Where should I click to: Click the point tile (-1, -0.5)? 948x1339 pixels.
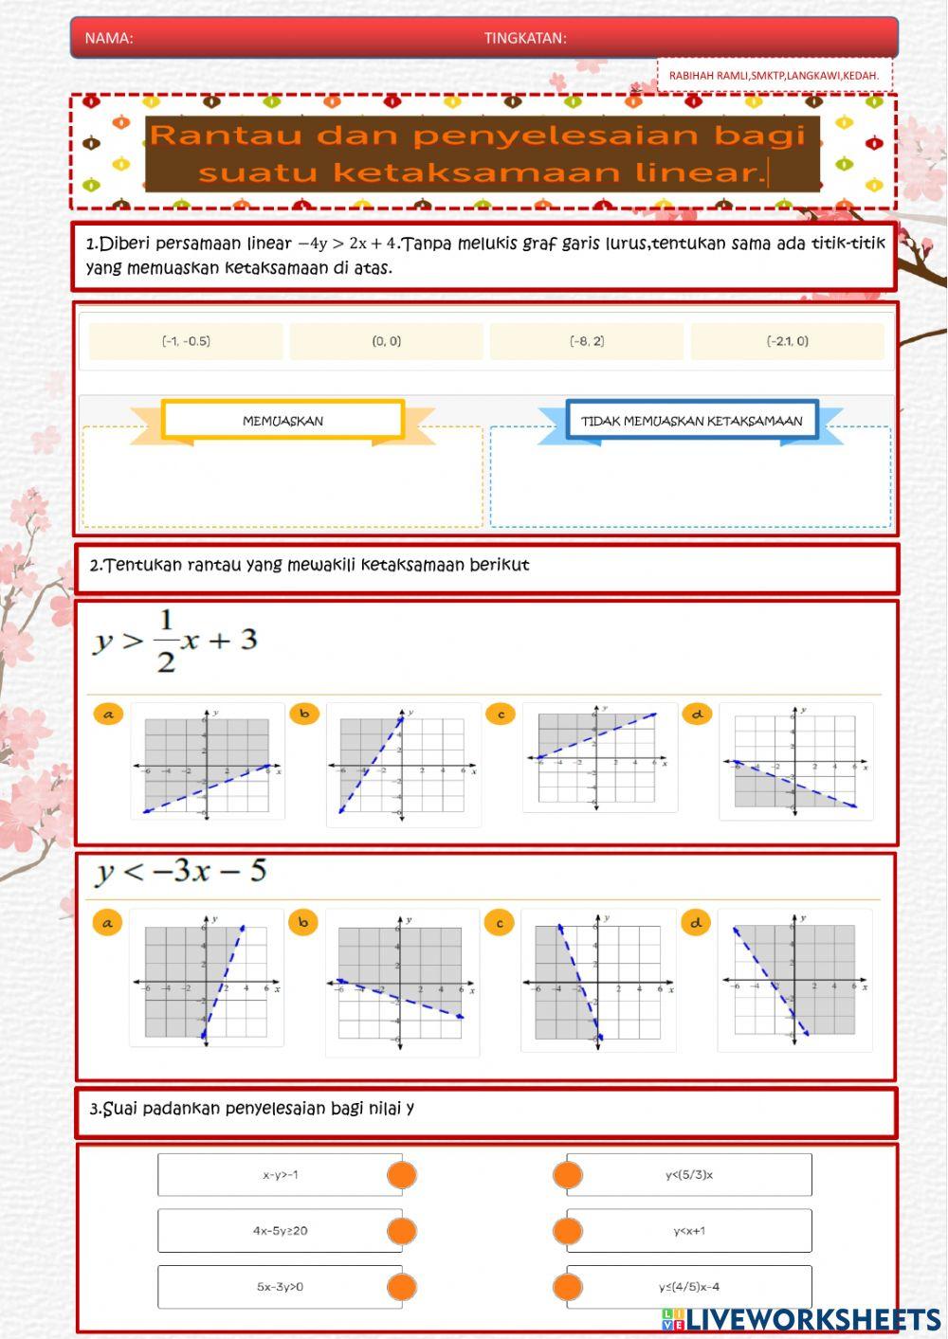[186, 341]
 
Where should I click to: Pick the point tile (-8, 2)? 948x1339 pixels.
[587, 341]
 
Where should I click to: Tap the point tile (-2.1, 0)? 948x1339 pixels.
[788, 341]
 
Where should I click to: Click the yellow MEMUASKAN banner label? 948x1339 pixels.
[283, 421]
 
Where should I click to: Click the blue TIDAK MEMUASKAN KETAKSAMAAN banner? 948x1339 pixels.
[692, 421]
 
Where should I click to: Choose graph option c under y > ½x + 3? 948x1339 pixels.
[599, 758]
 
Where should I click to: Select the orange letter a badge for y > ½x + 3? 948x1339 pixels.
[108, 715]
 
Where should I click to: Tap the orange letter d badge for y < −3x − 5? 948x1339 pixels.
[696, 922]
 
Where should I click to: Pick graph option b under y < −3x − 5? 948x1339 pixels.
[402, 984]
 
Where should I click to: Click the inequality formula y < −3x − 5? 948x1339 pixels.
[181, 872]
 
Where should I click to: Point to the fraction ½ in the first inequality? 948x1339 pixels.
[166, 642]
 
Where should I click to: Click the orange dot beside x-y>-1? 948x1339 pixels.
[402, 1175]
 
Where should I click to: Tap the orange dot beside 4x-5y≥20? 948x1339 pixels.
[402, 1231]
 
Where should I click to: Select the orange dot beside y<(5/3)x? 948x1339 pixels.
[567, 1175]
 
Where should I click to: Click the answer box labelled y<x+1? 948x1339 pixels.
[689, 1231]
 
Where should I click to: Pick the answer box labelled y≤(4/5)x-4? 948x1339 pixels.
[689, 1287]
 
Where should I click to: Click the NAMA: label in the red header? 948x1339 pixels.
[109, 38]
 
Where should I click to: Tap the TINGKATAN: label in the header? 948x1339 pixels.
[525, 38]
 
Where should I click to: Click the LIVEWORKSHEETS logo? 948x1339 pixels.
[801, 1319]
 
